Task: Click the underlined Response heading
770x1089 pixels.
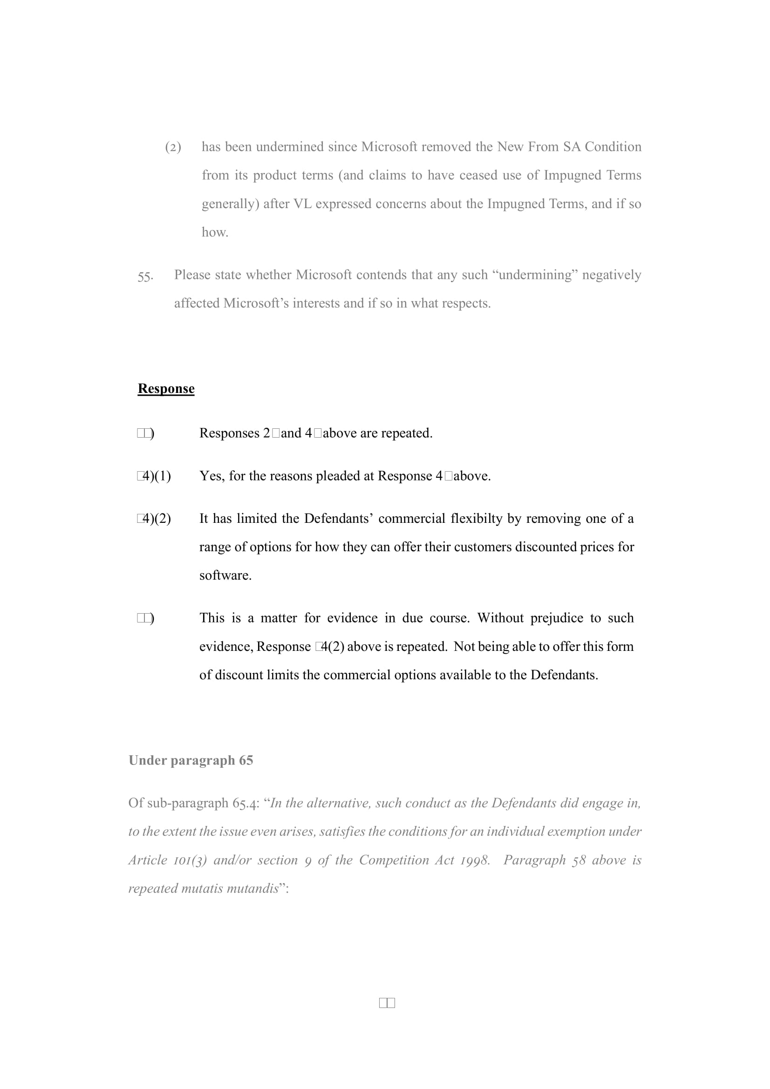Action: point(166,388)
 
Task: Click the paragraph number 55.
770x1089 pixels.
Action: point(145,276)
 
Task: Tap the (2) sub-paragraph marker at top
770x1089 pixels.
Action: point(173,148)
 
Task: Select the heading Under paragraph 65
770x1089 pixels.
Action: point(191,760)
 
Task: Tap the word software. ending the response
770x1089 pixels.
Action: point(225,575)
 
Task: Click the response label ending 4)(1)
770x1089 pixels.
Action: point(154,476)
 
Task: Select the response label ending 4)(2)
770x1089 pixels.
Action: point(154,518)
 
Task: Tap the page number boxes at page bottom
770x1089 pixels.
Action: point(387,1003)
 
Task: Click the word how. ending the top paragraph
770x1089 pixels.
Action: point(215,232)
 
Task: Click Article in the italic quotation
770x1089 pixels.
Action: point(148,860)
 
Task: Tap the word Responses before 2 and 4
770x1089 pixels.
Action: point(229,433)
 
